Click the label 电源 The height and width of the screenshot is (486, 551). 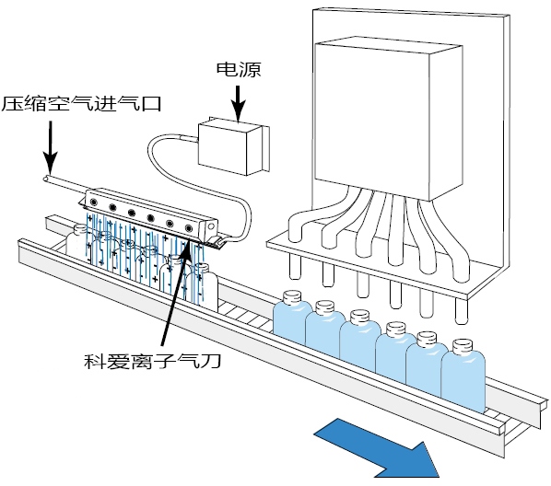coord(239,70)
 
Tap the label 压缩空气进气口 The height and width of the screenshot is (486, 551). coord(81,104)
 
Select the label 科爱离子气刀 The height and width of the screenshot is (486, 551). coord(152,361)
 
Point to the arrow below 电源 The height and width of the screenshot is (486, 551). coord(239,104)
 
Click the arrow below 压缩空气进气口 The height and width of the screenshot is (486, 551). coord(51,147)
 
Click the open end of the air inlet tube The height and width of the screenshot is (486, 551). coord(46,179)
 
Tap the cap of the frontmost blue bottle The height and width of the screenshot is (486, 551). coord(463,347)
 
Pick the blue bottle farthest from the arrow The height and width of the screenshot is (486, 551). coord(292,318)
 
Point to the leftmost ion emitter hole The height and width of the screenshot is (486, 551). coord(94,202)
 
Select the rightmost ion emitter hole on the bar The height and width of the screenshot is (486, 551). coord(189,228)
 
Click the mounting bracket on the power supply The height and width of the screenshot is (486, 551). coord(265,149)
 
